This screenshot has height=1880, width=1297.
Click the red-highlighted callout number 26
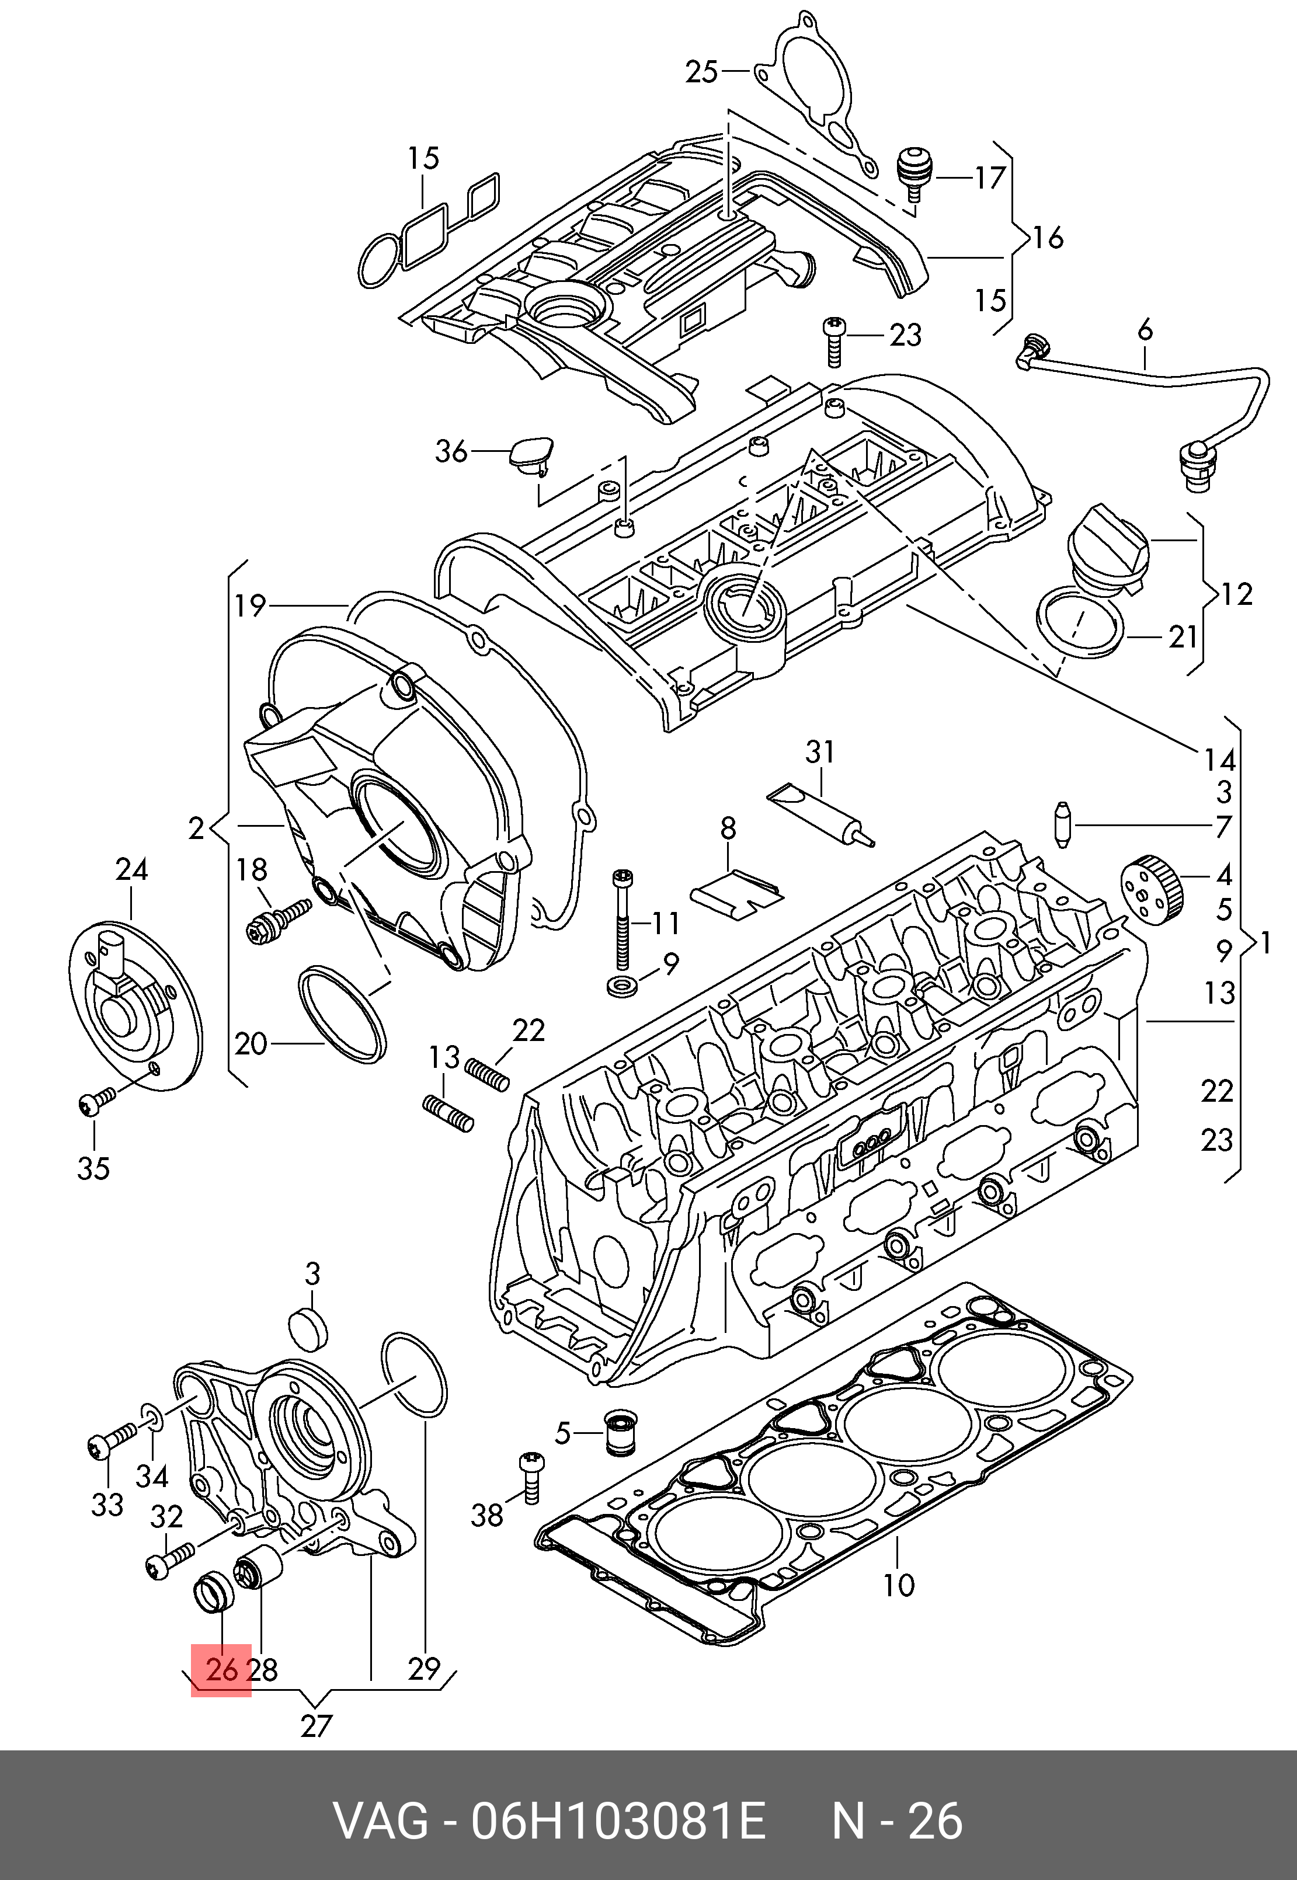coord(221,1670)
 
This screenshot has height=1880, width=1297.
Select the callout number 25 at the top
coord(701,72)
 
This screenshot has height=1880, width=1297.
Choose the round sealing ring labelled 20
coord(342,1012)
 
